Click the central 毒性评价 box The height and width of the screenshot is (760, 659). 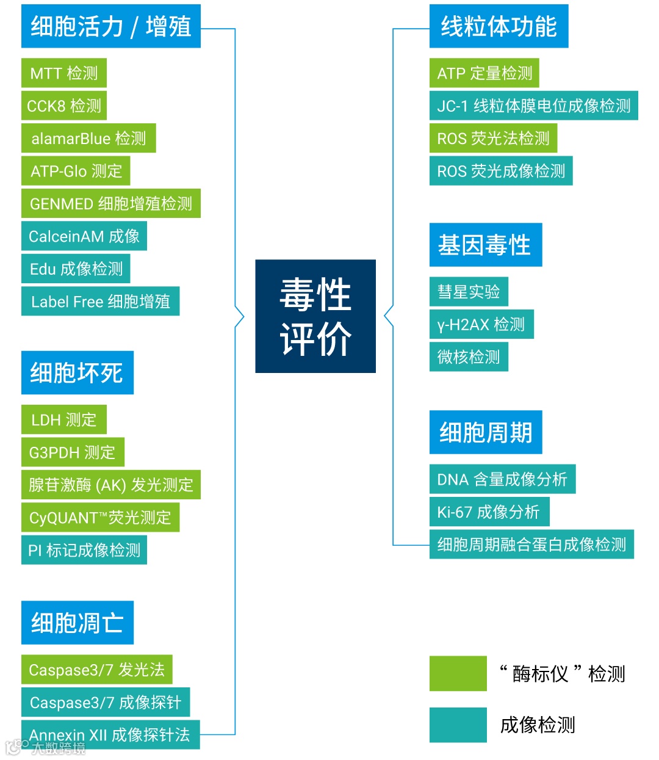coord(315,316)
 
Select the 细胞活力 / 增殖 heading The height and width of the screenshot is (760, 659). coord(110,26)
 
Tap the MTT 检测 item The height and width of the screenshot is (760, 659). coord(64,73)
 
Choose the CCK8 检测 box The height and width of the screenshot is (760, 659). coord(64,106)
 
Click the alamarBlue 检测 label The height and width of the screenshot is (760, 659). coord(88,139)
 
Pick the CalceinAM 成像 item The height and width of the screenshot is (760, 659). coord(84,236)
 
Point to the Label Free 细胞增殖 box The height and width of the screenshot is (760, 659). coord(100,302)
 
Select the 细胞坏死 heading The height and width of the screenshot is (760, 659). coord(77,372)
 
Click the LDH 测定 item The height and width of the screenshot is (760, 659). coord(64,419)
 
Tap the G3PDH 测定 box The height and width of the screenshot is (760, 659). coord(73,452)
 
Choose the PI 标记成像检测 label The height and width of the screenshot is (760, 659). coord(84,550)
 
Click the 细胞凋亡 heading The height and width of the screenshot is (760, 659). coord(77,623)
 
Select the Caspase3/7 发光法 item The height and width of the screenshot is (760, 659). coord(96,670)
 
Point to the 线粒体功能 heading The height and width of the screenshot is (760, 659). coord(499,26)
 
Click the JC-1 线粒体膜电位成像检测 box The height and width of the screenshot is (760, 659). coord(533,106)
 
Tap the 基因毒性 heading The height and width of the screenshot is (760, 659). coord(485,245)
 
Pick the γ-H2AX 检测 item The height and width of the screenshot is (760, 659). coord(481,324)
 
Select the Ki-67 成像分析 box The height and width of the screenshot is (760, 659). coord(489,512)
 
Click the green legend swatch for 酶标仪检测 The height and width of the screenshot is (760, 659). coord(458,673)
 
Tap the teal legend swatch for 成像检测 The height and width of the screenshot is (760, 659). coord(458,725)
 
